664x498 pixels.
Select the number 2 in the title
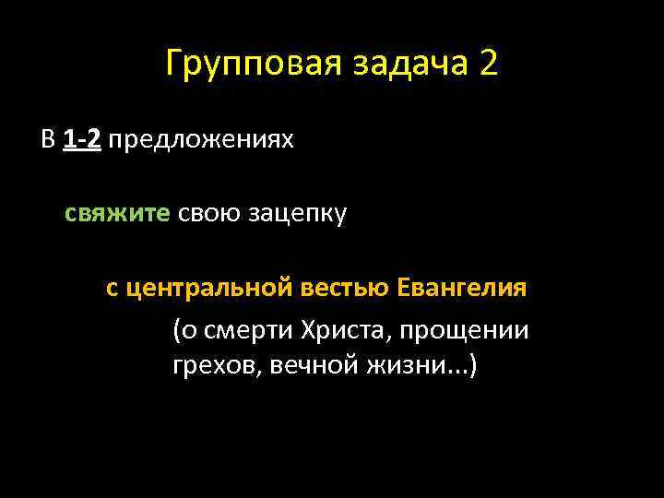[x=489, y=65]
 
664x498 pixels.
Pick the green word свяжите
[x=117, y=214]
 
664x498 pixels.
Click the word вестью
[x=347, y=288]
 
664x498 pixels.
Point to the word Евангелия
[x=462, y=288]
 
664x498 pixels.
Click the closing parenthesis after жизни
[x=473, y=367]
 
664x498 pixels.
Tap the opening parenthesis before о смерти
[x=176, y=330]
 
